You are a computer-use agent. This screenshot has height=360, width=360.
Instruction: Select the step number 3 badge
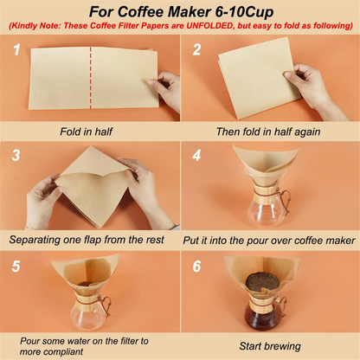coord(16,157)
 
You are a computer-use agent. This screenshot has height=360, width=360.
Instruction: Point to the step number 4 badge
coord(197,157)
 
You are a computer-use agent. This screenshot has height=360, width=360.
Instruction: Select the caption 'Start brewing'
coord(269,344)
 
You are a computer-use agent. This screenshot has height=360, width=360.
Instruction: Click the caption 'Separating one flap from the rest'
coord(90,239)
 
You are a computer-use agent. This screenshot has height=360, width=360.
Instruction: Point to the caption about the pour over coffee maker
coord(269,239)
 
